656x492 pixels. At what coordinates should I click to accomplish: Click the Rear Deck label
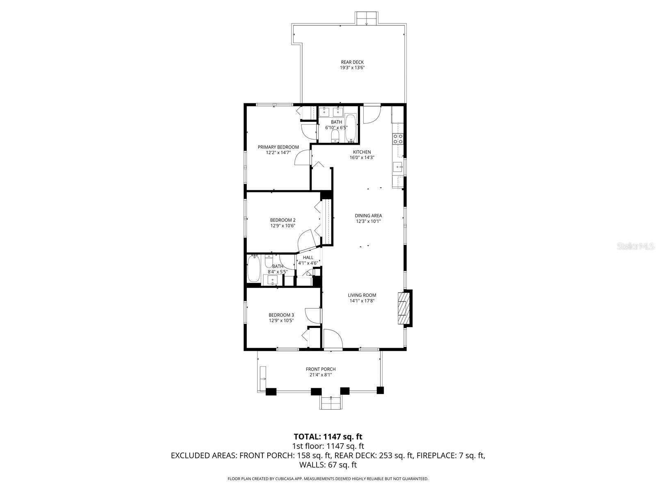352,62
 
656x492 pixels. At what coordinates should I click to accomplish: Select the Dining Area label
368,216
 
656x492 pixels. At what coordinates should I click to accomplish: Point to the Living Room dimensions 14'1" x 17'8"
362,301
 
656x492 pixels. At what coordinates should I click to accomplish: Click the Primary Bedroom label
278,147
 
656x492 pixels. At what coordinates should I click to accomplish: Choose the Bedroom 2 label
282,220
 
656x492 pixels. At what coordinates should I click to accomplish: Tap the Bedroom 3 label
281,315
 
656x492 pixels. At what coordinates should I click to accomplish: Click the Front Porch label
321,369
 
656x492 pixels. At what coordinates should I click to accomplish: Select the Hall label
308,257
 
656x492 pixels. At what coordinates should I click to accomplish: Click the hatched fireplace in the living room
404,308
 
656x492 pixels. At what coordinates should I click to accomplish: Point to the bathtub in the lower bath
254,269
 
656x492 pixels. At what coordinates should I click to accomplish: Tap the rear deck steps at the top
366,18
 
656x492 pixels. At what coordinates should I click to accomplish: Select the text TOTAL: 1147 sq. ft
328,437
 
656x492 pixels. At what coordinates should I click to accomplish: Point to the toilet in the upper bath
335,136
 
